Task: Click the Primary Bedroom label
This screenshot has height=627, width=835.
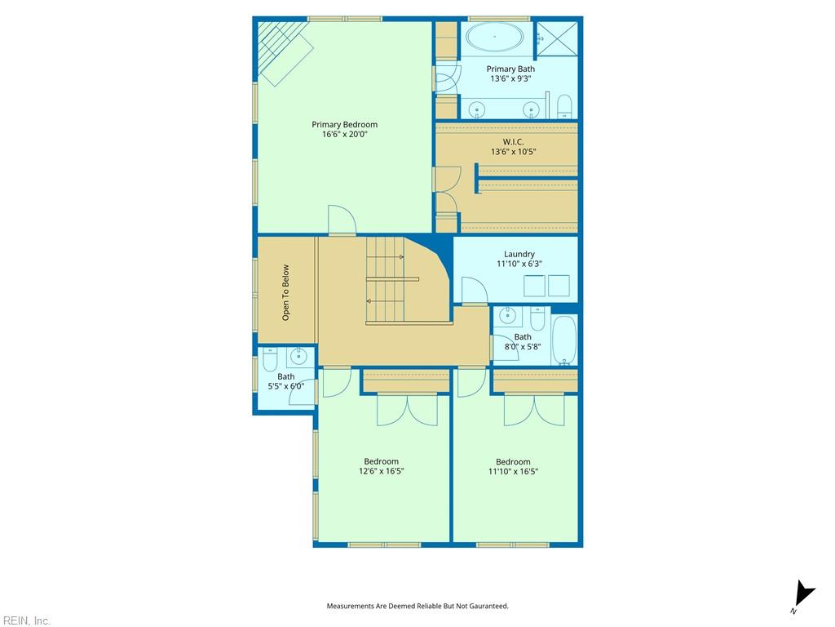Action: pos(345,125)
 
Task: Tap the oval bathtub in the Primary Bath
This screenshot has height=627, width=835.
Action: pos(495,37)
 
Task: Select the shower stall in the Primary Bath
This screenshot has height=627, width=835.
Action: pos(556,38)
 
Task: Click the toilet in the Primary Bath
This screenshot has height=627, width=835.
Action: pos(564,107)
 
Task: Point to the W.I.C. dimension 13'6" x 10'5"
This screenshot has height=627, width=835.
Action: pos(514,152)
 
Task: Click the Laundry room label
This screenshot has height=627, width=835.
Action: pos(519,255)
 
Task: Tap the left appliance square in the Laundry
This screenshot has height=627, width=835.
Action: pos(534,286)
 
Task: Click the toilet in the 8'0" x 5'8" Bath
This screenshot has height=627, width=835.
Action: pos(537,318)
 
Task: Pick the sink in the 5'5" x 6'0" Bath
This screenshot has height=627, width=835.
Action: pos(298,356)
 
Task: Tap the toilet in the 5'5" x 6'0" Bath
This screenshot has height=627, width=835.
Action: pos(271,360)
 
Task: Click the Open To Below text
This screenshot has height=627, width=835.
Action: pos(286,293)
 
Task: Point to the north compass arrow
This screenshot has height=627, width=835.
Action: pos(803,594)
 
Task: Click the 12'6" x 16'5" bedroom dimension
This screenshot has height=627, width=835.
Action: pos(382,471)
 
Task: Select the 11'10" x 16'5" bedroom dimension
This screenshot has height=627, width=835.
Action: pos(513,471)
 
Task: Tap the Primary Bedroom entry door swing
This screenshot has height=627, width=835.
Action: pos(342,219)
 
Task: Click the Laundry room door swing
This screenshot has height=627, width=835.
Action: pos(475,291)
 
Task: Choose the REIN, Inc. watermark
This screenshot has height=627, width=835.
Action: pos(25,620)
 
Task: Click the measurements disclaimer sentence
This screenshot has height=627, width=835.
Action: pos(417,606)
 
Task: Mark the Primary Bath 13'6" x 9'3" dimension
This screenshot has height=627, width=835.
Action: pos(510,79)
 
